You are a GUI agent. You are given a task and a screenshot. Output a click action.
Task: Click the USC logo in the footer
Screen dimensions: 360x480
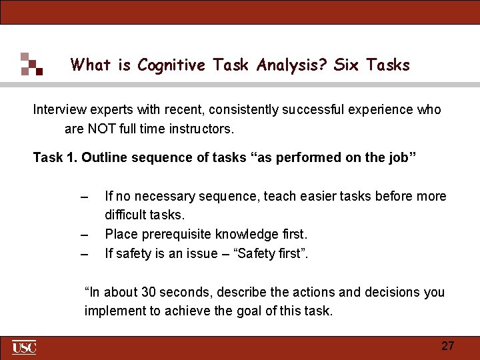(x=24, y=347)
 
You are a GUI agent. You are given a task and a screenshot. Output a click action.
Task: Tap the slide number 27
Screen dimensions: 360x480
(x=448, y=345)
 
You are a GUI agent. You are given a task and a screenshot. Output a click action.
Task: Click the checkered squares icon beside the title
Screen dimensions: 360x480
(x=31, y=64)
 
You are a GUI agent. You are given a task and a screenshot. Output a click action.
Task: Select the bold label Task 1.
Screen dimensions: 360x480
(x=55, y=157)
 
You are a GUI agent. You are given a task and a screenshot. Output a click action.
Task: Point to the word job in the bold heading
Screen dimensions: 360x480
(x=398, y=157)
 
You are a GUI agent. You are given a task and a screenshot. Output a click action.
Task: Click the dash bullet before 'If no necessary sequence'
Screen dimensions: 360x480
(x=83, y=197)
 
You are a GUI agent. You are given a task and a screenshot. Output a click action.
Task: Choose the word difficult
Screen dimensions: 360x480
(x=125, y=215)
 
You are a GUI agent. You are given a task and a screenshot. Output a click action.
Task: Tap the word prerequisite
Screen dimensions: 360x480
(x=171, y=234)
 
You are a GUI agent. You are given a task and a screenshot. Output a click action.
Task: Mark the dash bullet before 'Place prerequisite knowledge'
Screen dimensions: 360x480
(x=83, y=235)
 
